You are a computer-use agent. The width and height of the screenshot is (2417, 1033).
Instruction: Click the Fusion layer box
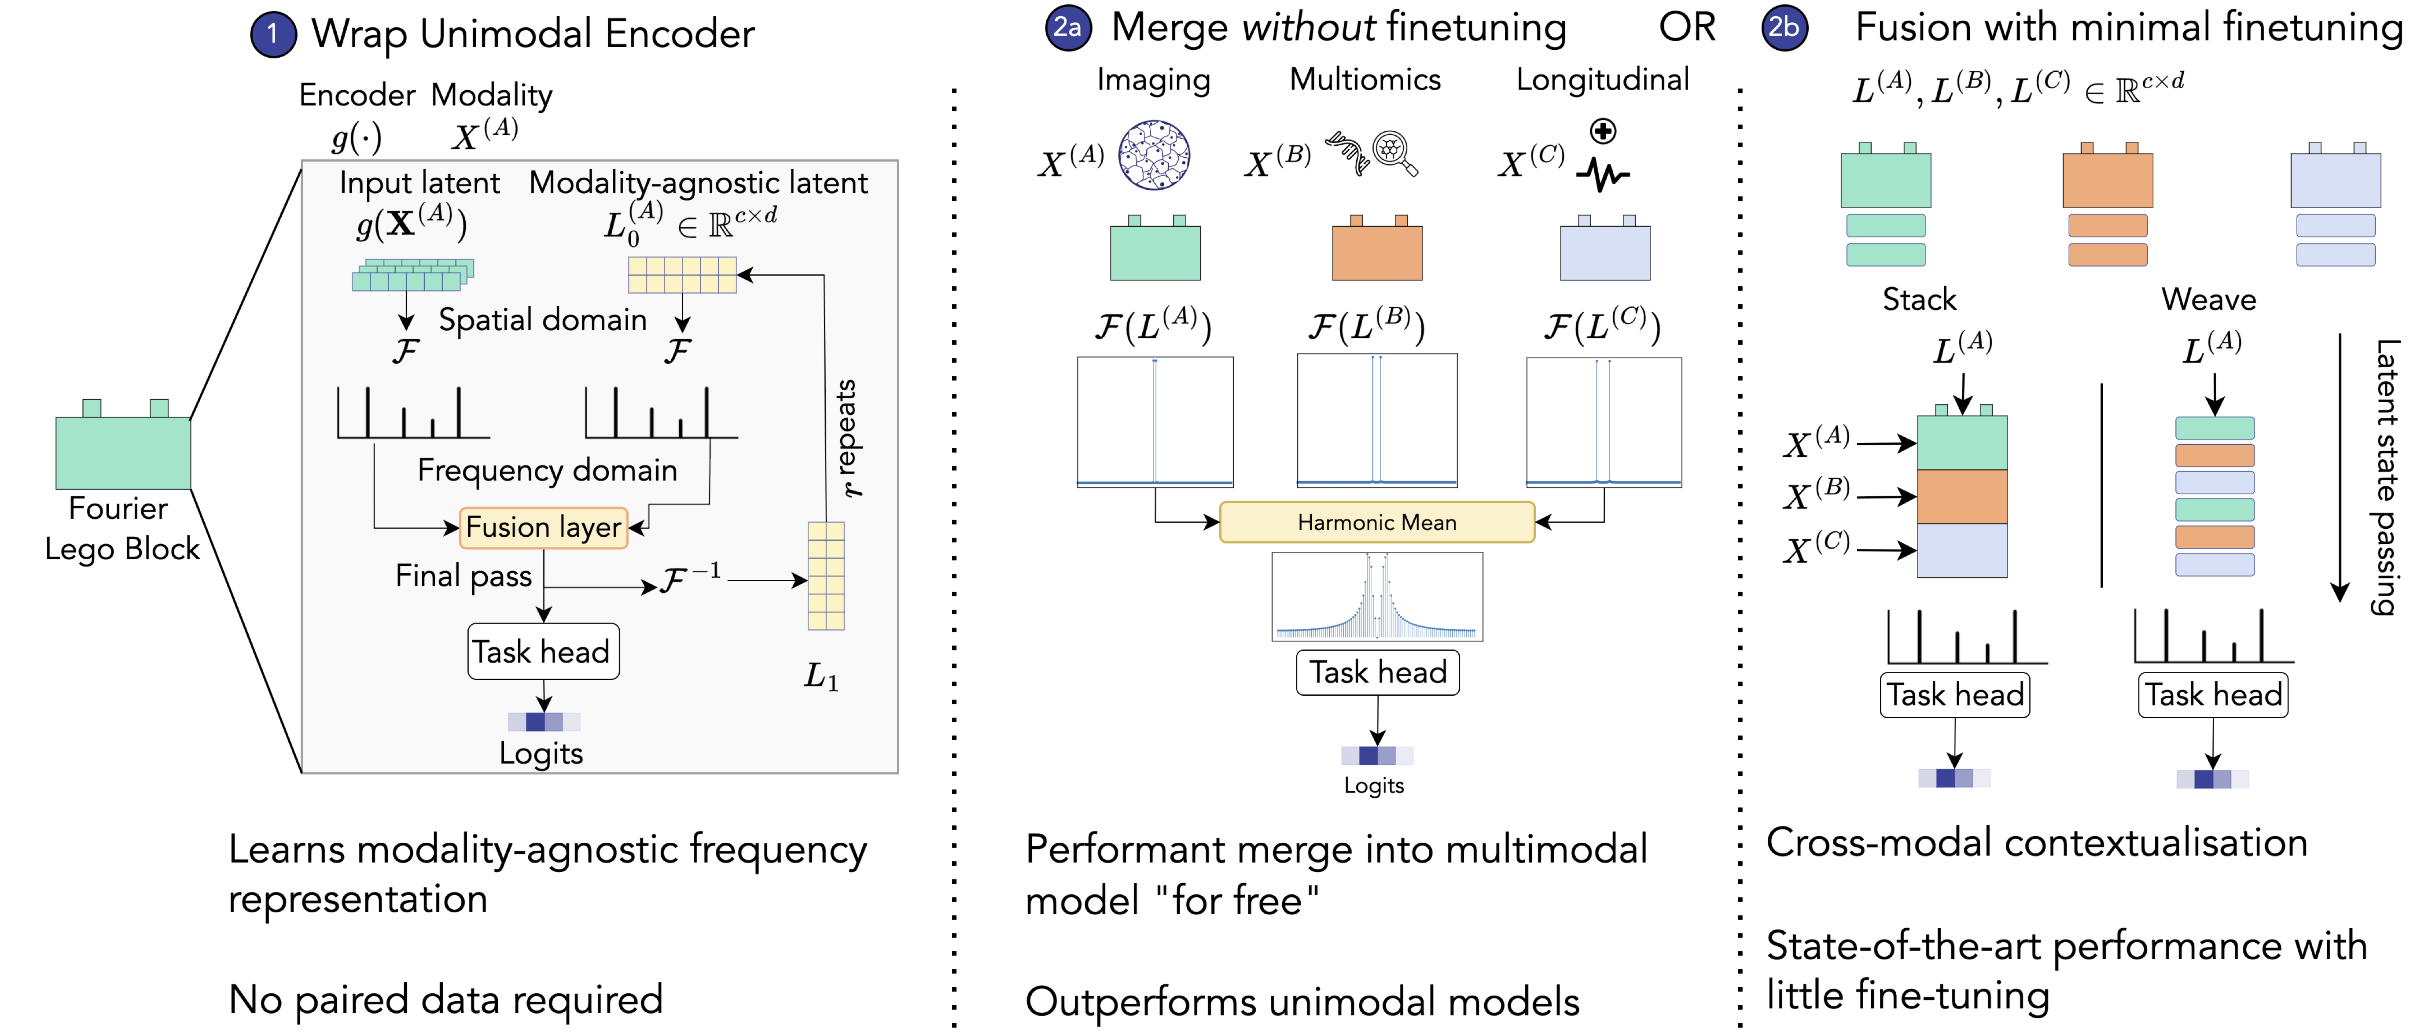pos(543,528)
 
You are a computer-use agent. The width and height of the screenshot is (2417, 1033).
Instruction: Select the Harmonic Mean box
pos(1376,523)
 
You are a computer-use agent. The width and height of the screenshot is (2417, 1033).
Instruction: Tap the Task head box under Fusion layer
pos(542,651)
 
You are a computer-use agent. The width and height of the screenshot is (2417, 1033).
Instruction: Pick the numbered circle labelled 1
pos(272,35)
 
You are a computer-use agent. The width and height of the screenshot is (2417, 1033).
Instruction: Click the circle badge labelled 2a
pos(1068,28)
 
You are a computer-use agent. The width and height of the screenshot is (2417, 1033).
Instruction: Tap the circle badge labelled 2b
pos(1784,28)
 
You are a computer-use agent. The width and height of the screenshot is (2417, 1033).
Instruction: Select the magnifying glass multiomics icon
pos(1393,152)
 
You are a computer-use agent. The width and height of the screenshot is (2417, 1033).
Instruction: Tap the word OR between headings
pos(1686,28)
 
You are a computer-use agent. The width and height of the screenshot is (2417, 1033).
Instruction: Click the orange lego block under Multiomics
pos(1376,251)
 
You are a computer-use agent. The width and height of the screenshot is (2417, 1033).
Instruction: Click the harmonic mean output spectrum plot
pos(1376,597)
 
